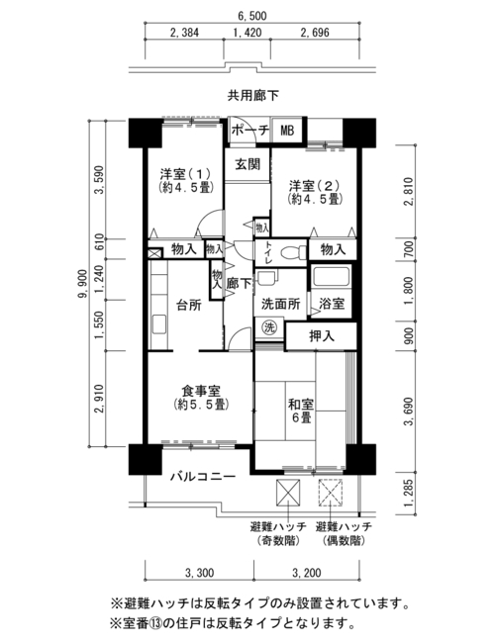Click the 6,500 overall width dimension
[251, 16]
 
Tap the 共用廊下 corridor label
[253, 96]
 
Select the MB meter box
[287, 131]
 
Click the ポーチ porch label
[249, 131]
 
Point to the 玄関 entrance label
[248, 164]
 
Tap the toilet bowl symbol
[294, 252]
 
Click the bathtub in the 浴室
[331, 276]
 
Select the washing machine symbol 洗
[269, 327]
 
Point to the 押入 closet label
[322, 336]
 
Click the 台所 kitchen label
[189, 305]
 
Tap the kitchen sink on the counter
[159, 323]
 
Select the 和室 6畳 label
[301, 411]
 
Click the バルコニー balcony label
[203, 477]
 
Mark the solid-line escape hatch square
[288, 494]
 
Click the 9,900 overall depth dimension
[83, 283]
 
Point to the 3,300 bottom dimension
[200, 573]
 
